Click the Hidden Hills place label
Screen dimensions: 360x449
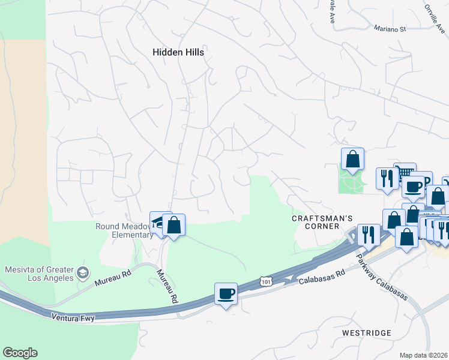pos(178,52)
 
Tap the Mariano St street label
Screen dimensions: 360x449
pos(390,28)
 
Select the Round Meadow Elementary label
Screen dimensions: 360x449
pos(124,230)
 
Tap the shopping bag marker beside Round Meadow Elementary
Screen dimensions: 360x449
pos(173,226)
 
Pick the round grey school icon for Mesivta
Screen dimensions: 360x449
pos(83,274)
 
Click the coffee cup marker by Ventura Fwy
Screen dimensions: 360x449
pos(226,294)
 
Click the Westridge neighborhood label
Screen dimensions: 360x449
pos(366,332)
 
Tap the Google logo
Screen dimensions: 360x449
pos(20,353)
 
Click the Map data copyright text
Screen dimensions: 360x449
pos(424,355)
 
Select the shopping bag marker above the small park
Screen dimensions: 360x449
pos(353,159)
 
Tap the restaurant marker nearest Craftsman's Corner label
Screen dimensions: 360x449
pos(367,234)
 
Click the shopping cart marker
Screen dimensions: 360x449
pos(405,172)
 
